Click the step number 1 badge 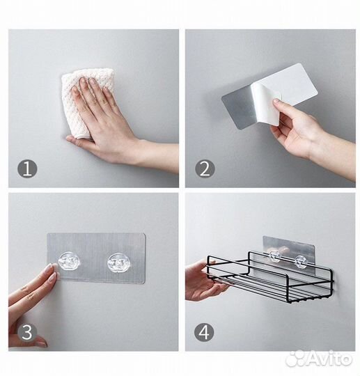coord(27,169)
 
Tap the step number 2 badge coord(205,169)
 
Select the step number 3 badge coord(27,333)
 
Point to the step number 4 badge coord(204,333)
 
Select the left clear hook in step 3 coord(70,261)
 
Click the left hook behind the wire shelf coord(275,256)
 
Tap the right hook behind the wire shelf coord(301,262)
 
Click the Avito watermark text coord(330,359)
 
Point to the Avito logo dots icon coord(296,359)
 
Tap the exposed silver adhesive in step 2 coord(237,109)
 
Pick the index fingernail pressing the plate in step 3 coord(53,266)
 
